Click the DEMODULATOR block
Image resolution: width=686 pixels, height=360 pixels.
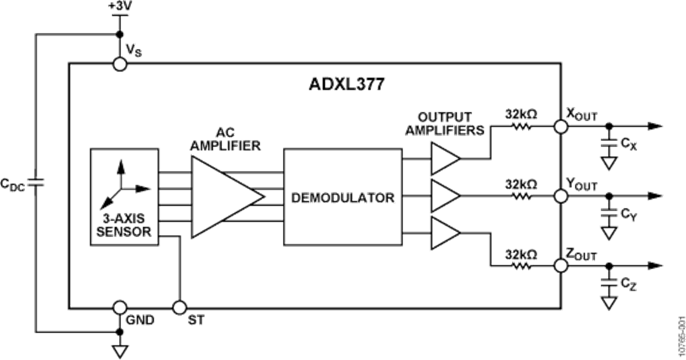tap(343, 198)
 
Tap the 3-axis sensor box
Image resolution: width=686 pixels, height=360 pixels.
tap(125, 197)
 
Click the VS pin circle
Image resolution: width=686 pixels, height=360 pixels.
tap(119, 64)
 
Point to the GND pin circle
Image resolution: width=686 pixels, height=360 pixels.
tap(119, 307)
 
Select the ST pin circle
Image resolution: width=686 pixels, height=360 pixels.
tap(179, 307)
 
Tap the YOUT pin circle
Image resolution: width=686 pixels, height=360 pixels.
tap(561, 197)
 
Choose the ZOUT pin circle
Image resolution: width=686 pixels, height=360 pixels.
tap(561, 265)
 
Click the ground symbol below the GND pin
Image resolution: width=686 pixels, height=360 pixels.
tap(119, 349)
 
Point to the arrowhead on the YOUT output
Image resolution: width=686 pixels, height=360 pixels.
tap(654, 197)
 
